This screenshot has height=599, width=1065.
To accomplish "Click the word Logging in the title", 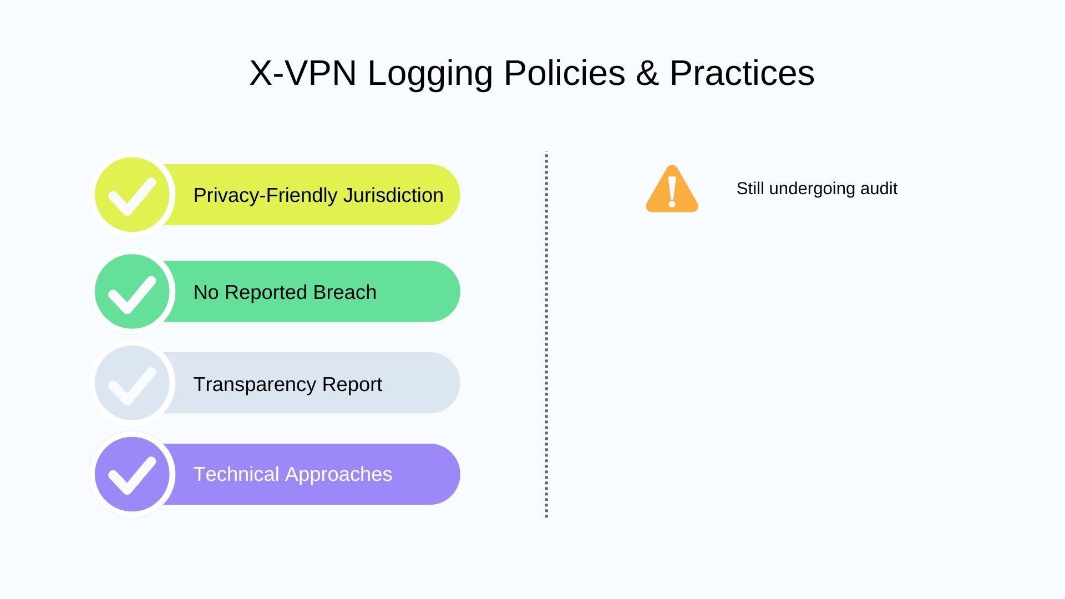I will (x=430, y=73).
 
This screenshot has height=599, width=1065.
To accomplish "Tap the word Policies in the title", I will (x=564, y=73).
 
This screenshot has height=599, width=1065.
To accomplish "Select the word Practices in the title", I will (x=742, y=73).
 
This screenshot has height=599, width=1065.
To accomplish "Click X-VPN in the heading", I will (x=302, y=73).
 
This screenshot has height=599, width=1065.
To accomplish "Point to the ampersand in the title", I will (x=647, y=73).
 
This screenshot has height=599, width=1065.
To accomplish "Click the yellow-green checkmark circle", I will (x=132, y=195).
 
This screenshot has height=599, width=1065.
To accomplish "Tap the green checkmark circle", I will (x=132, y=292).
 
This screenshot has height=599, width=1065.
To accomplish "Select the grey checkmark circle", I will (x=132, y=383).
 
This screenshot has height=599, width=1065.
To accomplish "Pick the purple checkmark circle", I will (x=132, y=474).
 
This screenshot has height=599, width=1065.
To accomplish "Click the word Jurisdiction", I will (x=393, y=195).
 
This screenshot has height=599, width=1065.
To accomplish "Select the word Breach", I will (x=344, y=292).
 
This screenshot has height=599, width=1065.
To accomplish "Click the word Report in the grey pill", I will (x=352, y=384).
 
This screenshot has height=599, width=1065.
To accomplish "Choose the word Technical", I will (x=236, y=474).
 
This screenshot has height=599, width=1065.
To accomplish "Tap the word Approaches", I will (x=338, y=475).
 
